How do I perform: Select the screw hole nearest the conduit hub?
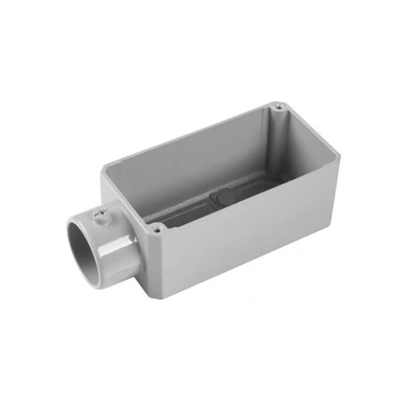(x=156, y=228)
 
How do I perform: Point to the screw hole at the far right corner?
(x=279, y=107)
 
